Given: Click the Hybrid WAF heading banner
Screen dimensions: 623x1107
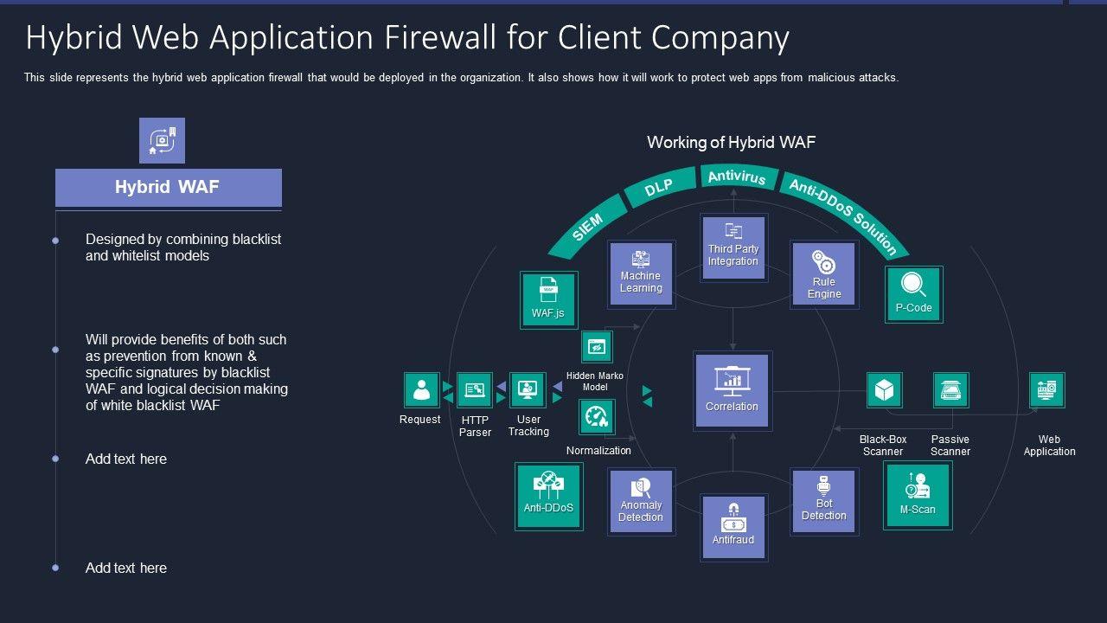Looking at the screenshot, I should tap(168, 188).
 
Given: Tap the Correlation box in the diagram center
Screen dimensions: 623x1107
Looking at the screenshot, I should tap(732, 390).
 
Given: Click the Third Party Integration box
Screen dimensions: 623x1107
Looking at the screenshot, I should tap(733, 247).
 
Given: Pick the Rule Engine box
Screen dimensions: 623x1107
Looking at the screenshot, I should tap(824, 274).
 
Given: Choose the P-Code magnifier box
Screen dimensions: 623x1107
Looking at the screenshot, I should tap(913, 294).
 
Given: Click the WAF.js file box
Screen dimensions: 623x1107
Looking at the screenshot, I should tap(548, 299).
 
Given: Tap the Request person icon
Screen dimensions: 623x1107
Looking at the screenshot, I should tap(421, 390).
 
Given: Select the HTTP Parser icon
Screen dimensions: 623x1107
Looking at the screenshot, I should tap(474, 390).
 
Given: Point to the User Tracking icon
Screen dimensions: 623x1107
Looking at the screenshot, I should tap(528, 390).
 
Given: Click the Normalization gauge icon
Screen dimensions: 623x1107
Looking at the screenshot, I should tap(597, 417).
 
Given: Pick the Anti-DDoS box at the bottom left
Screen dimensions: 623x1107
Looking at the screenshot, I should tap(548, 496).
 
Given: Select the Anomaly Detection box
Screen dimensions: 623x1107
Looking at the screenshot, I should tap(641, 501).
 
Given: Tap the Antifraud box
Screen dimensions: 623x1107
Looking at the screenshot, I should tap(733, 527).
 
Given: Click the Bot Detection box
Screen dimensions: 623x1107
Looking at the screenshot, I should tap(824, 501).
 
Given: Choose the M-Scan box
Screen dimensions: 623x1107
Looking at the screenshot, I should tap(918, 494).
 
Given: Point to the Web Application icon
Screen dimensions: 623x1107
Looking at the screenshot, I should tap(1047, 390).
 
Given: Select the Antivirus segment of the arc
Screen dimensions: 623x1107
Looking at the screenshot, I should tap(737, 177).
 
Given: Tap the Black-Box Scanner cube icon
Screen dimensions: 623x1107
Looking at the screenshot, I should tap(884, 390).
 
